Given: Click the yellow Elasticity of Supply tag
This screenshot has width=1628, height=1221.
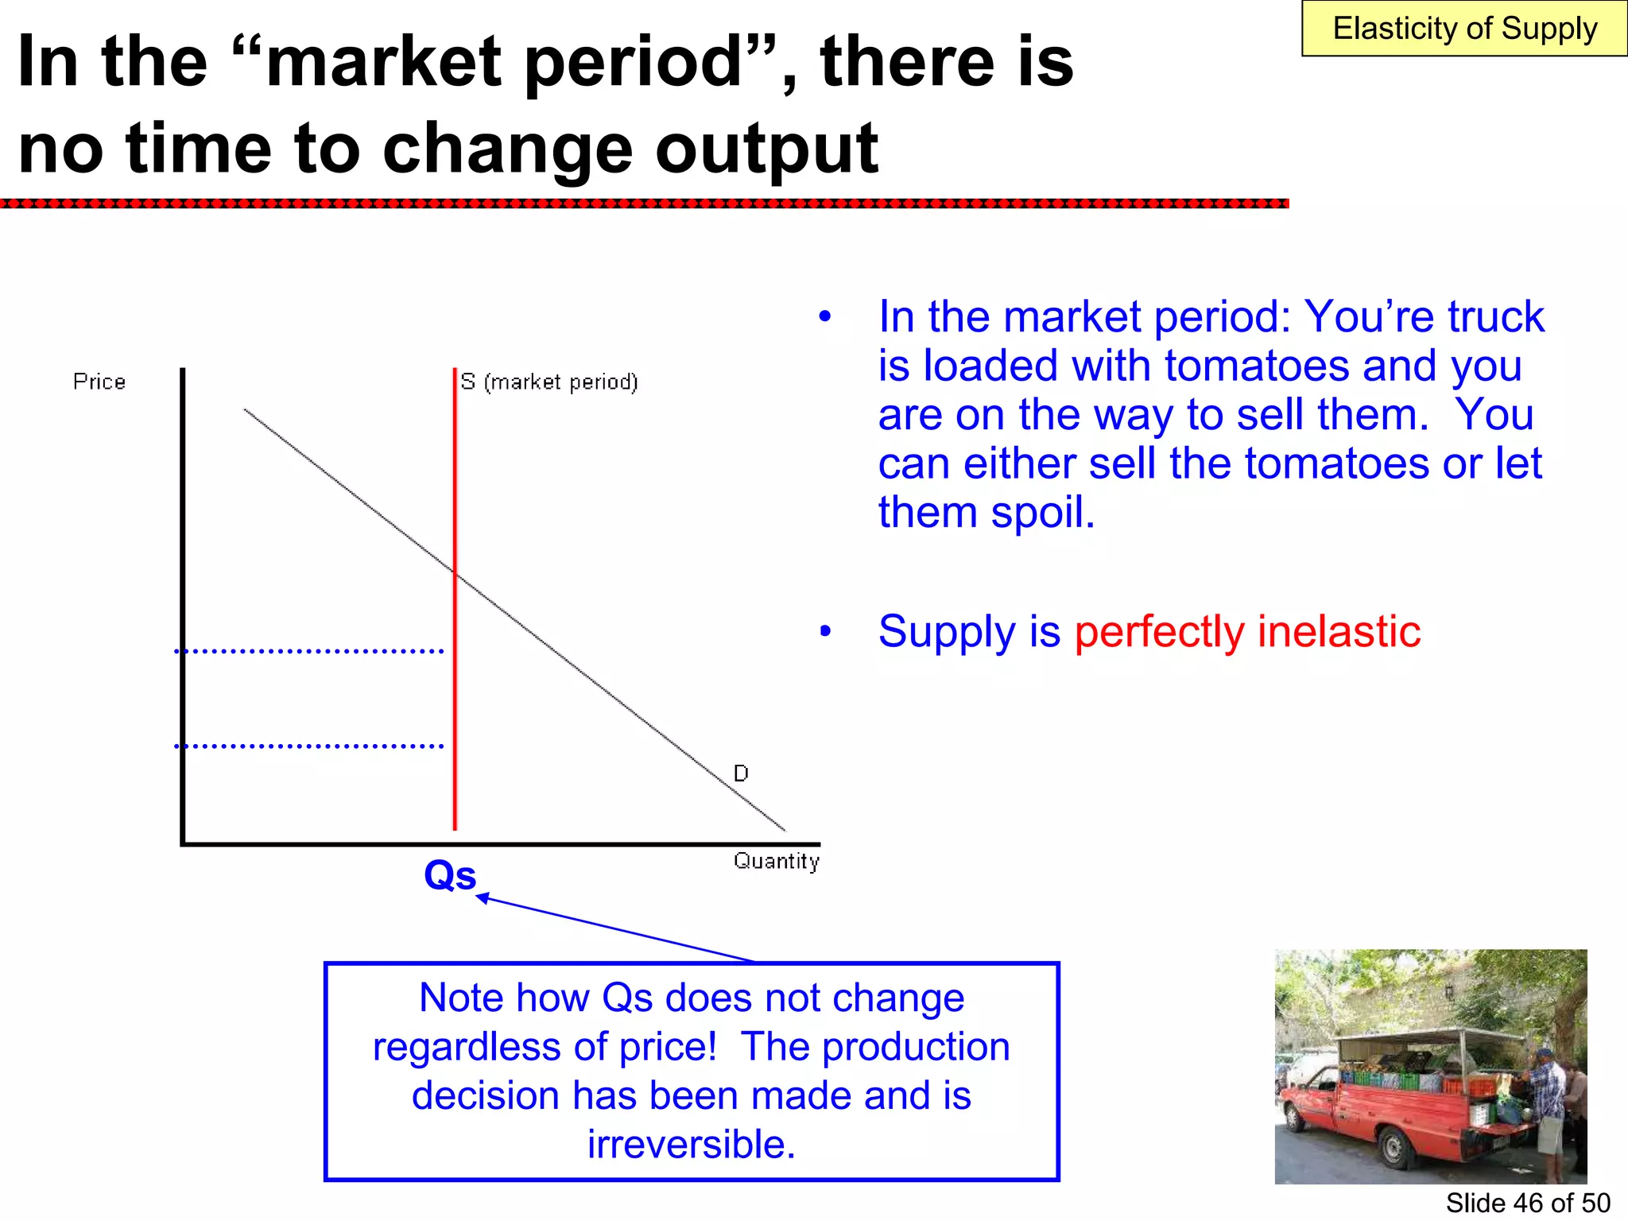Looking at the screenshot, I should click(x=1463, y=29).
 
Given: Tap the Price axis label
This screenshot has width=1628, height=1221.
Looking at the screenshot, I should click(x=99, y=382).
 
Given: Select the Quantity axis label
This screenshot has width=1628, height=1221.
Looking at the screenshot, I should click(x=776, y=861).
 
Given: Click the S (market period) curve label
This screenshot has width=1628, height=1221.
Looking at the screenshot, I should click(x=549, y=382).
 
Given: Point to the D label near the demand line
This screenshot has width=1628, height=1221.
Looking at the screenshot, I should click(x=741, y=773).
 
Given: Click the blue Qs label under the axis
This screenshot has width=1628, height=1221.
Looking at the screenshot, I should click(x=450, y=875).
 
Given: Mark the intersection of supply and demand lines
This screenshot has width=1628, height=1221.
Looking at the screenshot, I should click(x=455, y=571).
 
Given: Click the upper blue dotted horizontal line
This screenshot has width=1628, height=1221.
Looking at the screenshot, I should click(x=308, y=651).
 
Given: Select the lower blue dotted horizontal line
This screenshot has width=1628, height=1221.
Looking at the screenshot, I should click(x=308, y=746).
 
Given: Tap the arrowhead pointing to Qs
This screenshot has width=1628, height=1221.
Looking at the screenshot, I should click(x=481, y=897).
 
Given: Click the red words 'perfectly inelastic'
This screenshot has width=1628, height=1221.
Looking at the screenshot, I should click(x=1246, y=632).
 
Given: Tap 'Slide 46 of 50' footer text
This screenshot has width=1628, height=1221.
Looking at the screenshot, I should click(x=1527, y=1203).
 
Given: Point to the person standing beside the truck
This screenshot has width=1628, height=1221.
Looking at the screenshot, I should click(x=1545, y=1113).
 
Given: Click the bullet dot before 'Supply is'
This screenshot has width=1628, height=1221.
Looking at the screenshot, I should click(x=825, y=632).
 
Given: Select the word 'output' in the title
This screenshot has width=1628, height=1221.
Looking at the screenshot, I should click(x=766, y=149).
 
